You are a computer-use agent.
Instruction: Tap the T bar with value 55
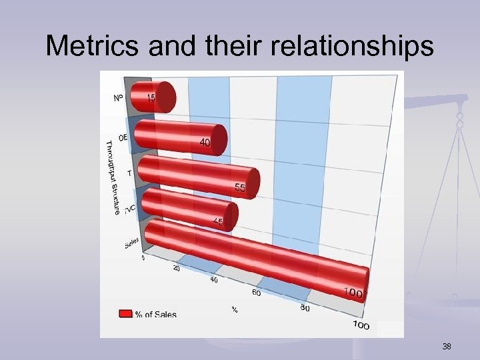tap(197, 173)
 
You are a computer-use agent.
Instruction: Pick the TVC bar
tap(187, 209)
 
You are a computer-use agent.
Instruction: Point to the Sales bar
tap(253, 261)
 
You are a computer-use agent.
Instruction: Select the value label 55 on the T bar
tap(239, 189)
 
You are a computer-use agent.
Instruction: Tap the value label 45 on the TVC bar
tap(218, 221)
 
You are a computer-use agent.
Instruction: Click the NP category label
tap(117, 98)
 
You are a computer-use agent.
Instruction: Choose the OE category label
tap(123, 137)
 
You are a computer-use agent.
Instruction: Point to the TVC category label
tap(130, 209)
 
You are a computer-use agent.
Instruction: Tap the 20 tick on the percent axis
tap(177, 269)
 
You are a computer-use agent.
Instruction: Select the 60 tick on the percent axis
tap(256, 293)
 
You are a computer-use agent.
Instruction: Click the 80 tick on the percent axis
tap(305, 307)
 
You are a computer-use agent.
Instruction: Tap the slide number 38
tap(446, 347)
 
